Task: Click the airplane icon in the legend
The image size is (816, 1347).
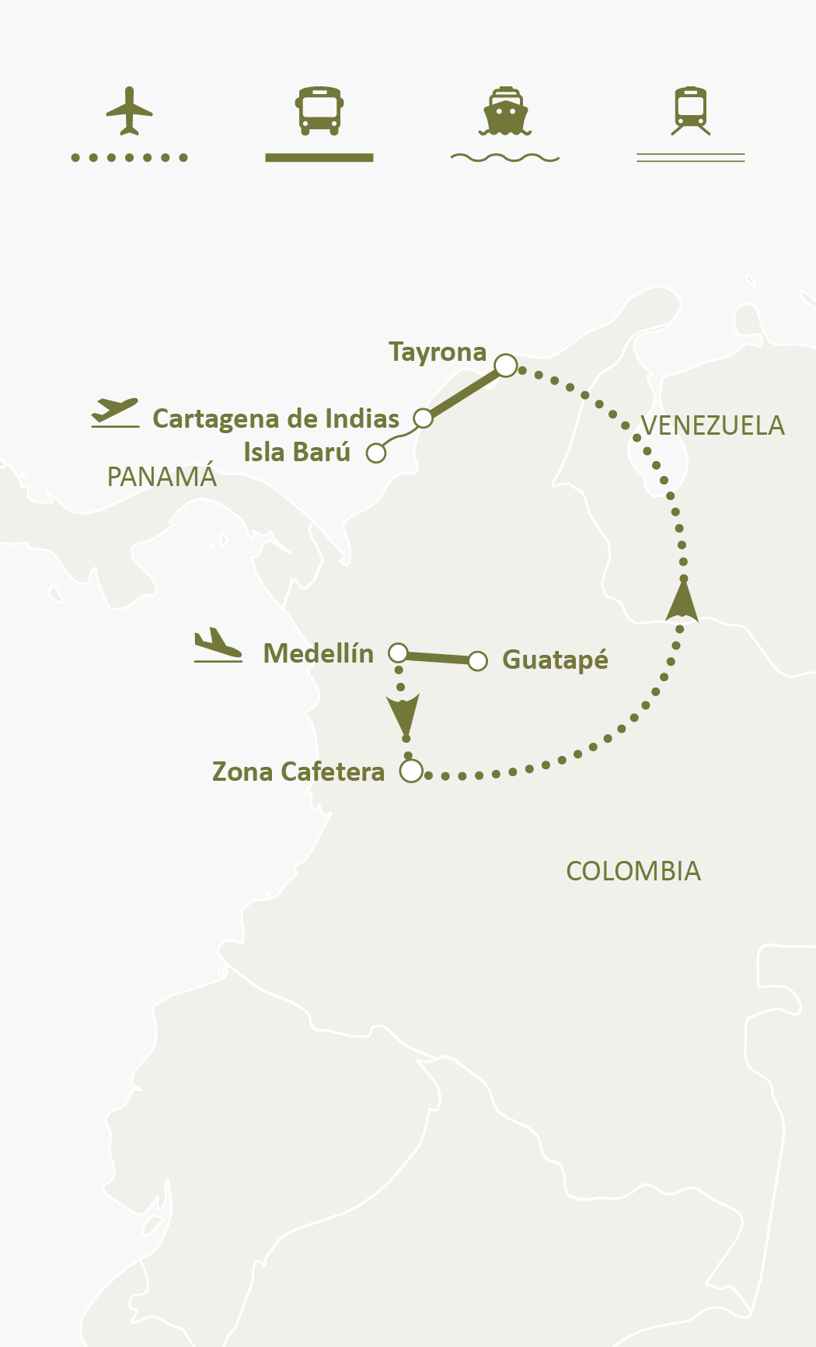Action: click(130, 110)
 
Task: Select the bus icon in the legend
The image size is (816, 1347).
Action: click(319, 110)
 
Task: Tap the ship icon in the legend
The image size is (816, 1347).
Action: click(505, 111)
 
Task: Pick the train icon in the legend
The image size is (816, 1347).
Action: click(691, 110)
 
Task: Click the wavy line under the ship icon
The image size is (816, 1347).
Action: click(505, 158)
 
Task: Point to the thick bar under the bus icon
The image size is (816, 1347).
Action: click(319, 157)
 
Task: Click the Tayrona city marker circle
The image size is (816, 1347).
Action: click(506, 365)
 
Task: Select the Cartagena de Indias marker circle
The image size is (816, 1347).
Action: click(423, 418)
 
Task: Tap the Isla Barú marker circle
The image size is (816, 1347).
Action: click(376, 453)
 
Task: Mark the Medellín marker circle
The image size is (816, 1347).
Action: click(398, 653)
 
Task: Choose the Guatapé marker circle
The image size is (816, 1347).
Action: click(478, 661)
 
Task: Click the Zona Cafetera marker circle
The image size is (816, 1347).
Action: click(411, 771)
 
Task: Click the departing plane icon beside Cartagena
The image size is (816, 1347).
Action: click(115, 411)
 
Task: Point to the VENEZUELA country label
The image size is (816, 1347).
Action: click(713, 426)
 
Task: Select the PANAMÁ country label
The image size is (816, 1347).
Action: click(162, 477)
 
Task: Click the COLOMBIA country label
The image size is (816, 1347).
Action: click(633, 871)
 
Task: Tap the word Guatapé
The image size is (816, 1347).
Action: click(555, 660)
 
